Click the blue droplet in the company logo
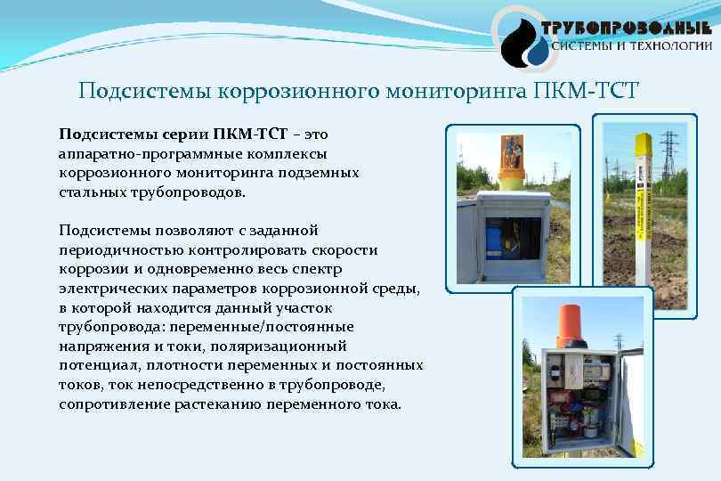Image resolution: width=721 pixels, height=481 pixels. (537, 51)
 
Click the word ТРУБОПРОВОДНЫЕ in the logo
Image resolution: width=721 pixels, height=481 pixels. (632, 27)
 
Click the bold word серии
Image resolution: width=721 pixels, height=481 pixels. (185, 135)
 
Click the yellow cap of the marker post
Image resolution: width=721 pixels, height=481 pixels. (643, 142)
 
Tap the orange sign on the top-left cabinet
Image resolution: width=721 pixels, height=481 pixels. (512, 153)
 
